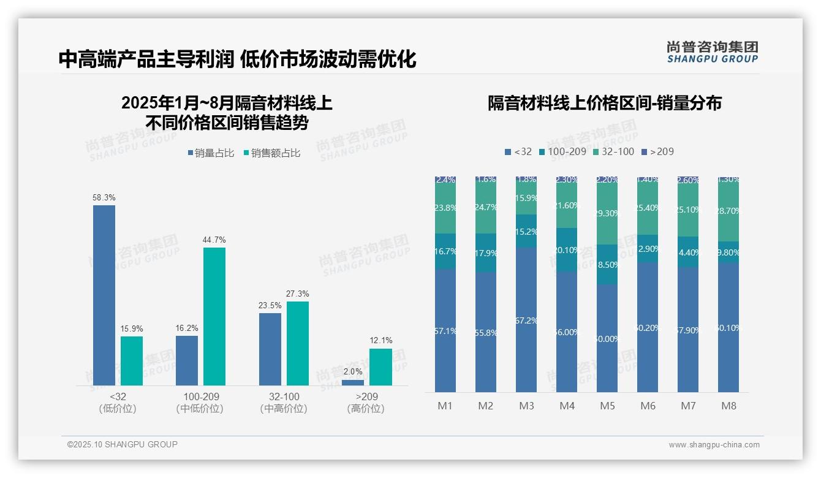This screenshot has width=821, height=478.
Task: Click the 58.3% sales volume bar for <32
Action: pyautogui.click(x=104, y=295)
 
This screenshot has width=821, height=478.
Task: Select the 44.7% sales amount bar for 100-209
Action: pyautogui.click(x=214, y=316)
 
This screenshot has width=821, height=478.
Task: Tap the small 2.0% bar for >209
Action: pyautogui.click(x=353, y=382)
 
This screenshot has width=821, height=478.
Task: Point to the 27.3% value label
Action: pyautogui.click(x=298, y=294)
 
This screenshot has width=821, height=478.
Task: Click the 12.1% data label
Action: pyautogui.click(x=380, y=341)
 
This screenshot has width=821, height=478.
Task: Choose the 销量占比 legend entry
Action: pyautogui.click(x=211, y=153)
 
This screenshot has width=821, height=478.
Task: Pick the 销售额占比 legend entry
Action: pyautogui.click(x=272, y=153)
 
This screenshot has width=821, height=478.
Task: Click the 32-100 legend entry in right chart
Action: pyautogui.click(x=615, y=151)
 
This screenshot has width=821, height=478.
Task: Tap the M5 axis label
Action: pyautogui.click(x=607, y=406)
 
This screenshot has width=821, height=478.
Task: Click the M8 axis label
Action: pyautogui.click(x=728, y=406)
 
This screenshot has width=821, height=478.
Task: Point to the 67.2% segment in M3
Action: pyautogui.click(x=526, y=320)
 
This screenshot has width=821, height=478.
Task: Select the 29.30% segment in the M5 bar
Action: pyautogui.click(x=607, y=214)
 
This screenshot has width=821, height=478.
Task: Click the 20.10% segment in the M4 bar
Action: pyautogui.click(x=567, y=249)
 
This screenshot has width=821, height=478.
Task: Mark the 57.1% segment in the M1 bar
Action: pyautogui.click(x=445, y=330)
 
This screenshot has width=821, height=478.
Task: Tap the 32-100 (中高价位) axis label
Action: pyautogui.click(x=284, y=403)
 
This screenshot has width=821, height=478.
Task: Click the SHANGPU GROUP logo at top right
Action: pyautogui.click(x=713, y=52)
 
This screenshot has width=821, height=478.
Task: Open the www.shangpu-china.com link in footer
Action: pyautogui.click(x=714, y=445)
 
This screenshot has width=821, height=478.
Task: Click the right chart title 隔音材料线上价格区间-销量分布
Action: pyautogui.click(x=604, y=103)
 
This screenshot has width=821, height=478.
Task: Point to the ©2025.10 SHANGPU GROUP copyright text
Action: pyautogui.click(x=123, y=444)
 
